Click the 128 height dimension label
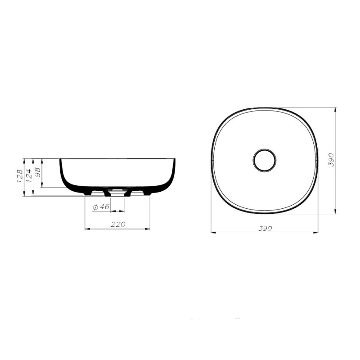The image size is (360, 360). click(19, 176)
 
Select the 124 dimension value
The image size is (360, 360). click(28, 176)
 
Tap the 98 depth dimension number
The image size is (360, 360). click(38, 172)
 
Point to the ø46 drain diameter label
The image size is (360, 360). click(101, 207)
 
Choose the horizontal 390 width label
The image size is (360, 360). click(265, 228)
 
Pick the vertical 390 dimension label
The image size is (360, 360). click(331, 160)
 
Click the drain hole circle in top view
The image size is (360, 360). click(265, 160)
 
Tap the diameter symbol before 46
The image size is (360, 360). click(95, 207)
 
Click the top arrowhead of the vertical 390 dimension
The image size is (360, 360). click(335, 110)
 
